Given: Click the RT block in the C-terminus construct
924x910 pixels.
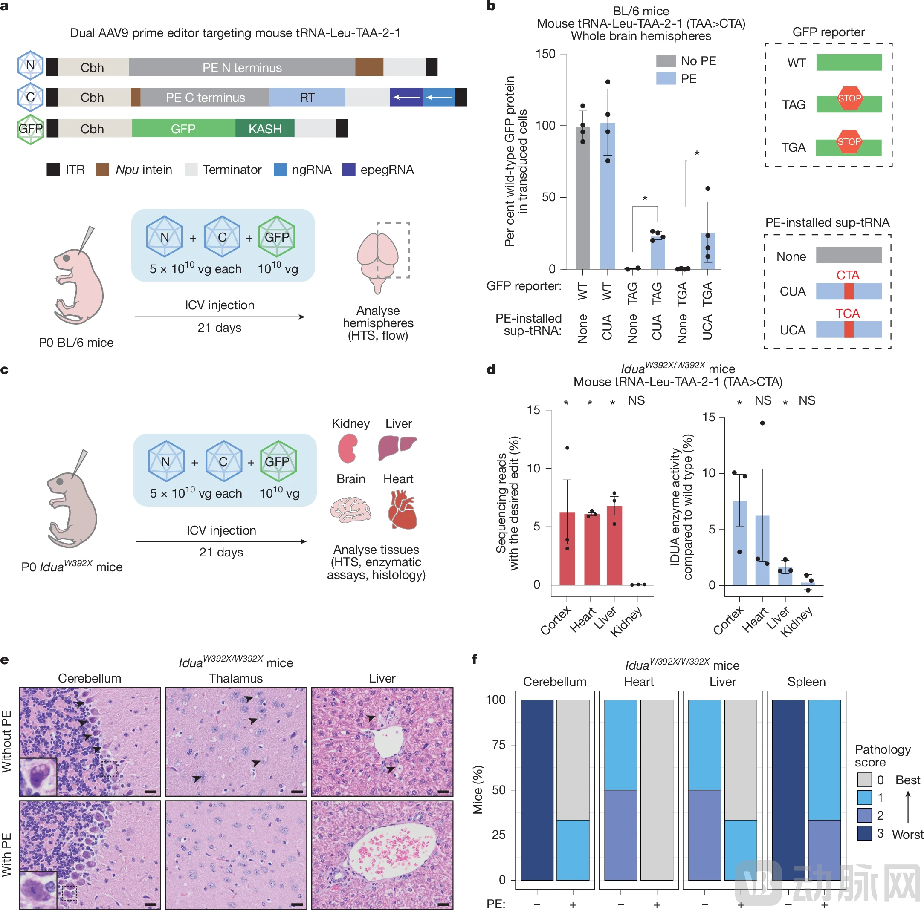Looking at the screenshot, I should pyautogui.click(x=307, y=98).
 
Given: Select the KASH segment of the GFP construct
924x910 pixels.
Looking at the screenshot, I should pyautogui.click(x=264, y=129).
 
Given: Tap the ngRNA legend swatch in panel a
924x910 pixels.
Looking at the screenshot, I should pyautogui.click(x=280, y=170).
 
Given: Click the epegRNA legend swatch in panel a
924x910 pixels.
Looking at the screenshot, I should pyautogui.click(x=349, y=170).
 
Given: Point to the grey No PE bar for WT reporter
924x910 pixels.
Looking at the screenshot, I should pyautogui.click(x=582, y=201).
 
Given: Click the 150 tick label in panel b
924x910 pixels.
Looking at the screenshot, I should pyautogui.click(x=545, y=54).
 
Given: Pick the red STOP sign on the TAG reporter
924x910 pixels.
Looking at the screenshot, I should pyautogui.click(x=849, y=99).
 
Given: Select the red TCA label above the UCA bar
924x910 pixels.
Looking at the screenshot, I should pyautogui.click(x=848, y=314).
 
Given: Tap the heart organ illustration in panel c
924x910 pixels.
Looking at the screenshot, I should pyautogui.click(x=402, y=510).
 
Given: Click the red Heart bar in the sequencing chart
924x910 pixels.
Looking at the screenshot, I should pyautogui.click(x=591, y=550).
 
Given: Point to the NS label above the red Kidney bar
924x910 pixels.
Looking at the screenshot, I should pyautogui.click(x=636, y=400).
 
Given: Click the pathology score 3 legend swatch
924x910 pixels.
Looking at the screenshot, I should pyautogui.click(x=864, y=834).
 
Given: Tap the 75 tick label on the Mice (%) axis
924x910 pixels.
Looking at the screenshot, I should pyautogui.click(x=498, y=745).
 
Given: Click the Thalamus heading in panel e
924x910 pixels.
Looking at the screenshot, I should pyautogui.click(x=236, y=678).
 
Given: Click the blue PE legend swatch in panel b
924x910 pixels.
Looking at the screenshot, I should pyautogui.click(x=666, y=79).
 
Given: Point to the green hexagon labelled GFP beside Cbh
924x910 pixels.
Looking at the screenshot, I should pyautogui.click(x=31, y=129).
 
